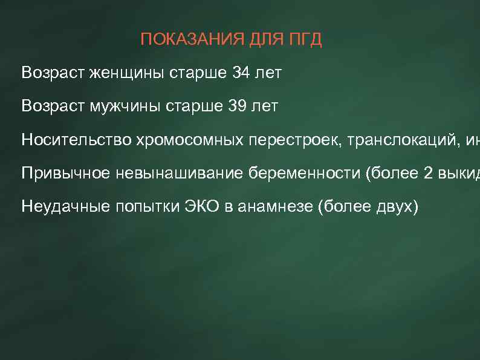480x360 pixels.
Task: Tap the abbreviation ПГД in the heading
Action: click(305, 40)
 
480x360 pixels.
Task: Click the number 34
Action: click(241, 74)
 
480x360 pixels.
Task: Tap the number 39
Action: click(238, 107)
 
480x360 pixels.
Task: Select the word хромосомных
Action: click(190, 140)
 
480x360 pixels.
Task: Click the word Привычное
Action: click(65, 174)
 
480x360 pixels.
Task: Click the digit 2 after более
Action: click(428, 174)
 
